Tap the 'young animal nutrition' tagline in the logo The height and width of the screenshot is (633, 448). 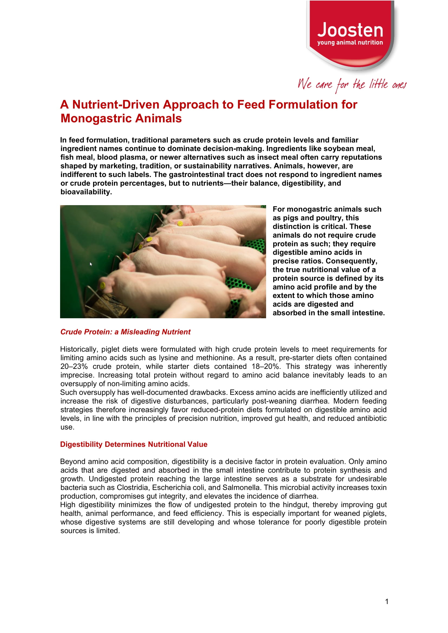[x=350, y=42]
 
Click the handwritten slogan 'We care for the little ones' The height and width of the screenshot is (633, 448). [x=351, y=84]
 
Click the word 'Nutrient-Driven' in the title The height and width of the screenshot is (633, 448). [x=116, y=104]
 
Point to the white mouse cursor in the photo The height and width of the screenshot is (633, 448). [x=91, y=264]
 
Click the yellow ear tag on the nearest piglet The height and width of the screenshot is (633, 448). [x=102, y=286]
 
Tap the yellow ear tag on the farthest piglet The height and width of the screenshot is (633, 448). [x=180, y=224]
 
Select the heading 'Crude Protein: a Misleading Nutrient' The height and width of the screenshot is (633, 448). [x=125, y=332]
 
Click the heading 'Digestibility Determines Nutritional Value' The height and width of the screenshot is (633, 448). [x=133, y=444]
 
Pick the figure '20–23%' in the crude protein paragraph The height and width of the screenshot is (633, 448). [x=74, y=366]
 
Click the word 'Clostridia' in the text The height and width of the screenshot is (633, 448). [x=133, y=487]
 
